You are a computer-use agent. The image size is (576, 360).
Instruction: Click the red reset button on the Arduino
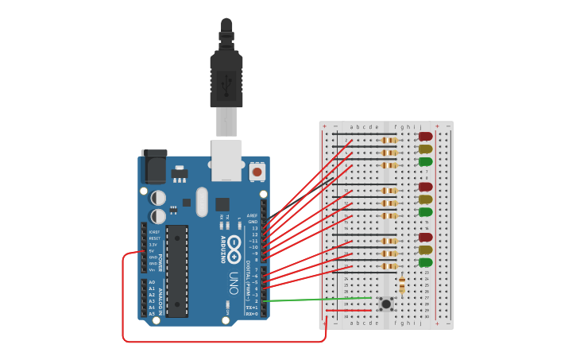257,171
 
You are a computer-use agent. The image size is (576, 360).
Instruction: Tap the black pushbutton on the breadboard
386,303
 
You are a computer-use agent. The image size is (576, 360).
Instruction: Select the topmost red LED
426,137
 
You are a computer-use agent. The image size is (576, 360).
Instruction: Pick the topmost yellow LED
426,149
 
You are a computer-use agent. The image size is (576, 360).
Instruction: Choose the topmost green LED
426,161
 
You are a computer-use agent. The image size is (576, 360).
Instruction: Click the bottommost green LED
426,262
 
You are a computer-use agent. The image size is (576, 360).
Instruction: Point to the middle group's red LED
426,187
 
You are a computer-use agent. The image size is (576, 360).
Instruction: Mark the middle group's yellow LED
426,199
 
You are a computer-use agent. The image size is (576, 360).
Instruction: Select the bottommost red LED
426,237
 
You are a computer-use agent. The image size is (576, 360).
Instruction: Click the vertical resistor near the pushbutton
402,285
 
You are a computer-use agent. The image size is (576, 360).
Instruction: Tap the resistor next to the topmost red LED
389,141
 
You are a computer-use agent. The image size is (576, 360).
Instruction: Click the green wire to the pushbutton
318,300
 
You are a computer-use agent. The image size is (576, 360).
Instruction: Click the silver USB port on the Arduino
226,159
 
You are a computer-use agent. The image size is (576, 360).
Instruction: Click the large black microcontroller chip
176,270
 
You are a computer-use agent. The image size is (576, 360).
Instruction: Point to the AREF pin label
253,215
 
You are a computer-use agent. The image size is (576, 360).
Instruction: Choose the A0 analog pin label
152,282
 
